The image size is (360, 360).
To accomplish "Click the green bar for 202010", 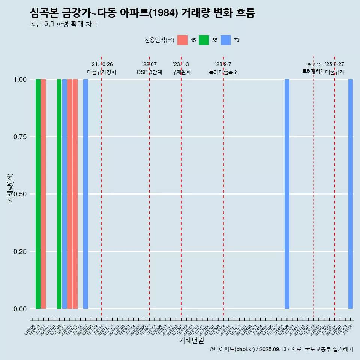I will point(38,194).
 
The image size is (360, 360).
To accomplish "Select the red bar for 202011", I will point(43,194).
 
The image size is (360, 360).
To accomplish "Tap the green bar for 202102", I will point(59,194).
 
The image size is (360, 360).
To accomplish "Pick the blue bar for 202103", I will point(64,194).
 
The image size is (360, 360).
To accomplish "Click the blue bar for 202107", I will point(85,194).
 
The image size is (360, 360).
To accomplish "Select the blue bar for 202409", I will point(287,194).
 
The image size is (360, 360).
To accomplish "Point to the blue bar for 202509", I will point(351,194).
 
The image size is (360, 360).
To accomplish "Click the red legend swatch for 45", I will point(182,40).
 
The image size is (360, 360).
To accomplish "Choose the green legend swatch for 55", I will point(204,40).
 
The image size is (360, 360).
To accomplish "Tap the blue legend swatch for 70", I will point(226,40).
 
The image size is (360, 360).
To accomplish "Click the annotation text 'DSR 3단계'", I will point(149,72).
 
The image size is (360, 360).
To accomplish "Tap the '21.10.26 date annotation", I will point(102,64).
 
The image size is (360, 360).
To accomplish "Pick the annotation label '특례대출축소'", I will point(223,72).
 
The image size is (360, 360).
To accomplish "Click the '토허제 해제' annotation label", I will point(313,71).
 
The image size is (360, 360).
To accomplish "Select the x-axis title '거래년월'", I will point(192,340).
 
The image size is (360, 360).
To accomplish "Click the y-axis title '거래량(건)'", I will point(10,188).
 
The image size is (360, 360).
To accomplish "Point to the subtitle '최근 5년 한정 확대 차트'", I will point(64,24).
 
